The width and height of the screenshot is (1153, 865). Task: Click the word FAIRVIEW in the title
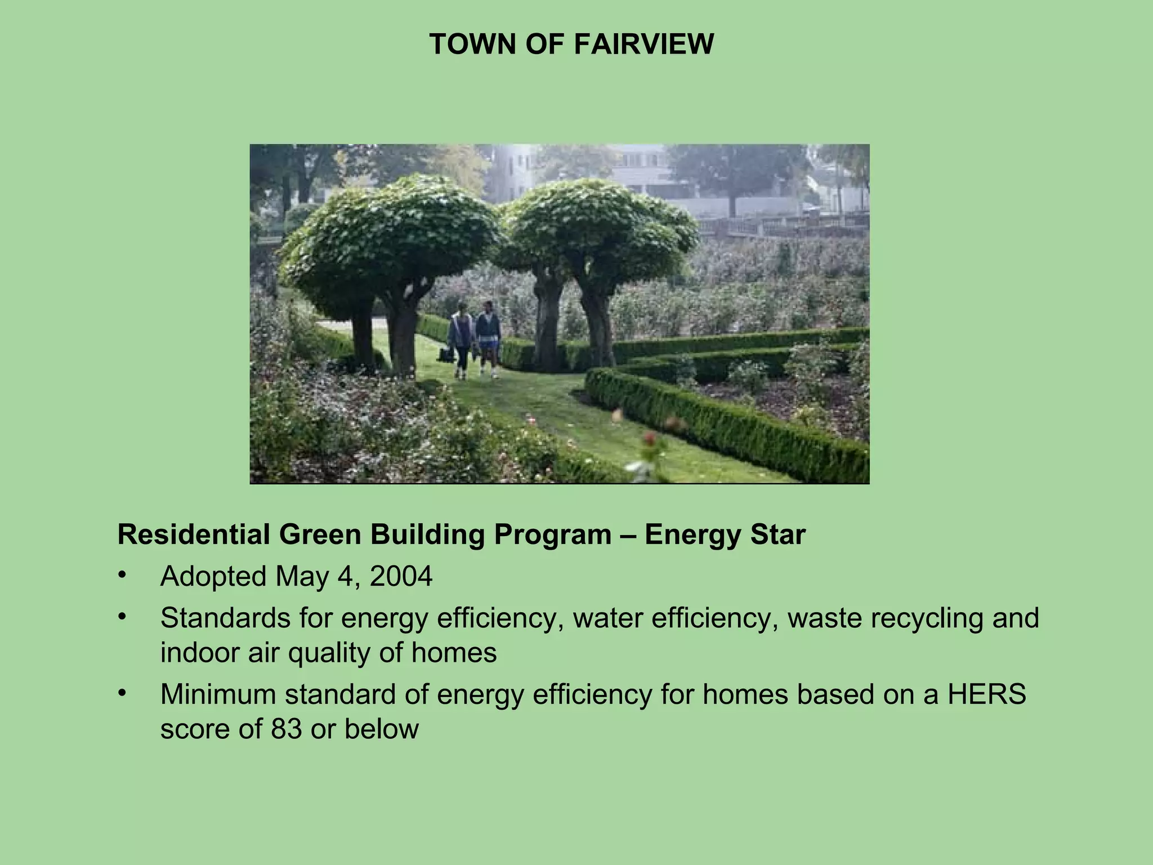coord(643,44)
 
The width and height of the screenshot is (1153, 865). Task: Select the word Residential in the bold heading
coord(194,534)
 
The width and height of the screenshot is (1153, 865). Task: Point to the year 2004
coord(401,576)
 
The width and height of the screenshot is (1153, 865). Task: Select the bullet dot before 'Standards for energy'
coord(121,617)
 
